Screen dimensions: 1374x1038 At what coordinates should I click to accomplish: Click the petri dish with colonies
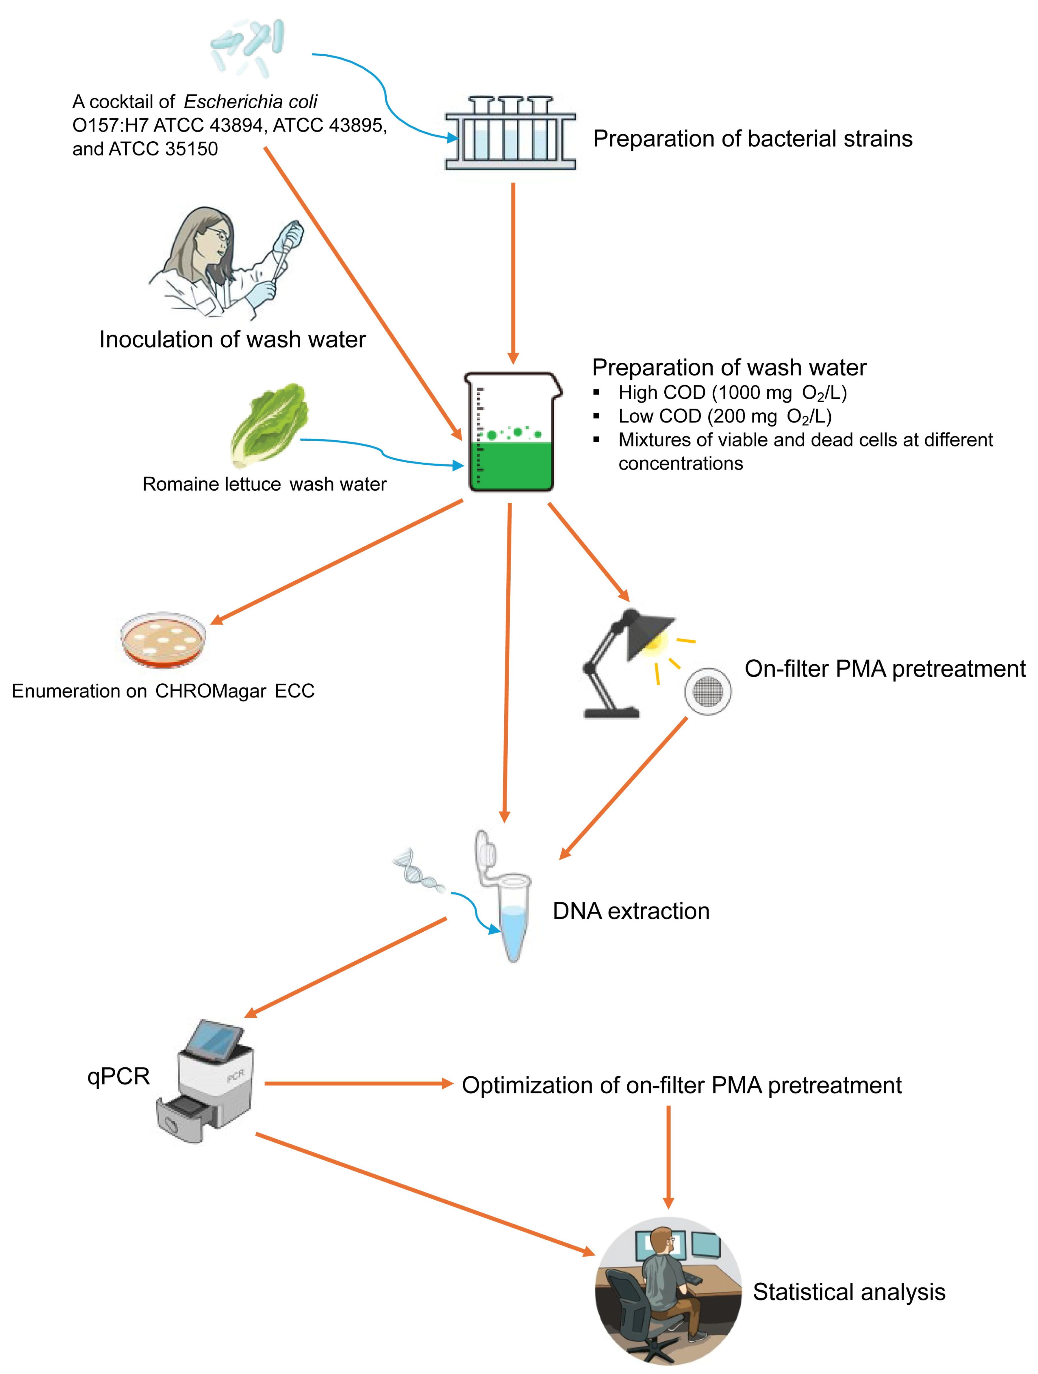(x=163, y=640)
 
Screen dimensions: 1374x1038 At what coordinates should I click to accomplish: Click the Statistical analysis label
(x=848, y=1292)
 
